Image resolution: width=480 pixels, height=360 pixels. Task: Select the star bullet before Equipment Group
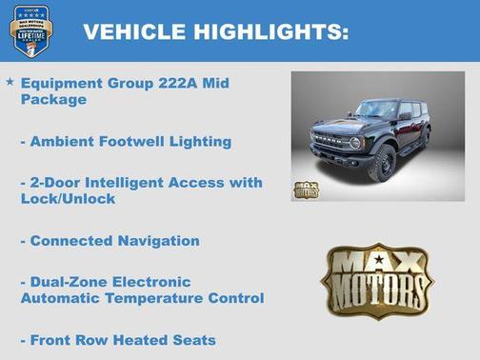pyautogui.click(x=10, y=82)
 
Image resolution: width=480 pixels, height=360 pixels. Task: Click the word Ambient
pyautogui.click(x=64, y=141)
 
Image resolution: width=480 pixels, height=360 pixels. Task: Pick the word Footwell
pyautogui.click(x=136, y=141)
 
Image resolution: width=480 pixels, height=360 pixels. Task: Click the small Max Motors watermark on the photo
pyautogui.click(x=306, y=189)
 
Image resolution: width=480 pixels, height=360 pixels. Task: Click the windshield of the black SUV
pyautogui.click(x=376, y=110)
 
